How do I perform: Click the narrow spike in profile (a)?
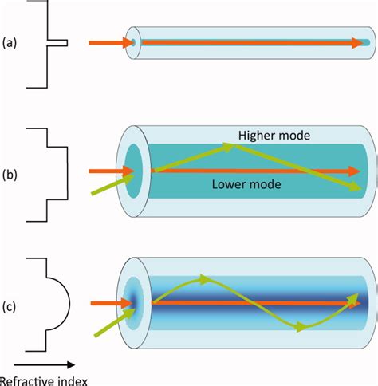(62, 42)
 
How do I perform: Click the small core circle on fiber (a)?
(133, 42)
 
